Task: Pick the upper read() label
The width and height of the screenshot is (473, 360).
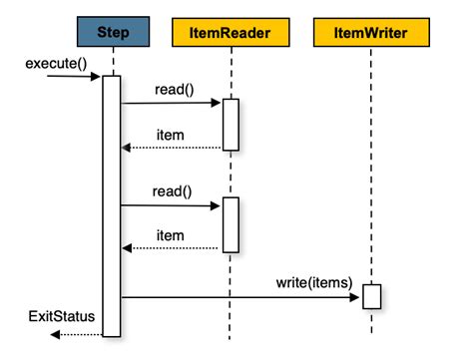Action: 174,90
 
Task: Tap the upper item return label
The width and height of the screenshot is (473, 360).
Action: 171,134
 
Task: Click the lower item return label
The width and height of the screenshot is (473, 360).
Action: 171,235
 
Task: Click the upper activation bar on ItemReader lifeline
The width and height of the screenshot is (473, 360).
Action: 231,124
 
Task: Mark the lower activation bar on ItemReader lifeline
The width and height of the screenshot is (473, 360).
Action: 231,224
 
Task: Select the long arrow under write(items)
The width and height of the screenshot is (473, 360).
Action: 239,296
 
